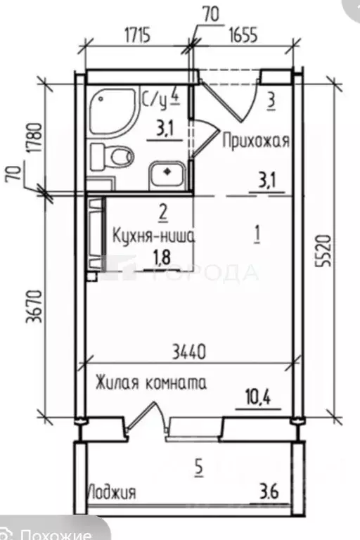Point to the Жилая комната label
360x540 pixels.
click(151, 384)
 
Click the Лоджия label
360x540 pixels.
click(112, 491)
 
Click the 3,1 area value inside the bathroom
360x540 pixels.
click(163, 129)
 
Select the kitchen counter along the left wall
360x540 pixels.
click(95, 236)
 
